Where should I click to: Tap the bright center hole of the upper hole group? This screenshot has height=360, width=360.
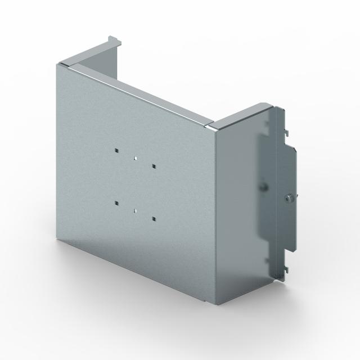(136, 159)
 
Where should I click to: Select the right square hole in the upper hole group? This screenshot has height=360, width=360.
(153, 166)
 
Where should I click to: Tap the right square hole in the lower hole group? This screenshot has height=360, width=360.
(154, 217)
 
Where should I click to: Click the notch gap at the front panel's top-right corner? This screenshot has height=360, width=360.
(212, 125)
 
